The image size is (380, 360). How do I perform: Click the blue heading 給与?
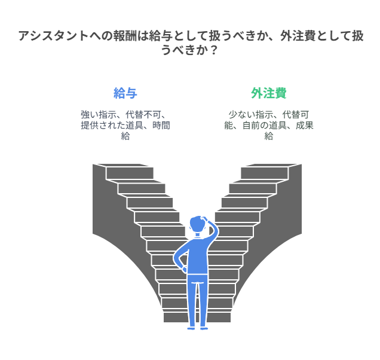(x=125, y=93)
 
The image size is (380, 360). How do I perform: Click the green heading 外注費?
(x=269, y=93)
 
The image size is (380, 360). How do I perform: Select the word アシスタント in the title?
(x=53, y=36)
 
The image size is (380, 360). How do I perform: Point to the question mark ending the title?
(x=213, y=50)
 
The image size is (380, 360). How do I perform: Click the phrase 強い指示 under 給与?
(x=99, y=114)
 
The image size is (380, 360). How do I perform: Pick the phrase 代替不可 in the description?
(x=143, y=114)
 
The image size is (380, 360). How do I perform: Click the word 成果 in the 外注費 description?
(x=305, y=126)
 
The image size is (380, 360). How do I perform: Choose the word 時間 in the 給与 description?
(x=161, y=126)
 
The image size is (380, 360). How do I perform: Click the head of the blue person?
(x=198, y=224)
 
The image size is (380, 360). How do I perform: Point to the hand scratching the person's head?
(x=204, y=219)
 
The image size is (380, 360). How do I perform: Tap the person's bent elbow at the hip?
(x=176, y=258)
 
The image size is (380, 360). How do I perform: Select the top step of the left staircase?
(x=130, y=173)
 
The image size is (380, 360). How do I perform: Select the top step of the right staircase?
(x=265, y=173)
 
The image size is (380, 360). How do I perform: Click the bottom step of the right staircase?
(x=219, y=318)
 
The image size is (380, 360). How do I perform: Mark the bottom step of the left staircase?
(x=176, y=318)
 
